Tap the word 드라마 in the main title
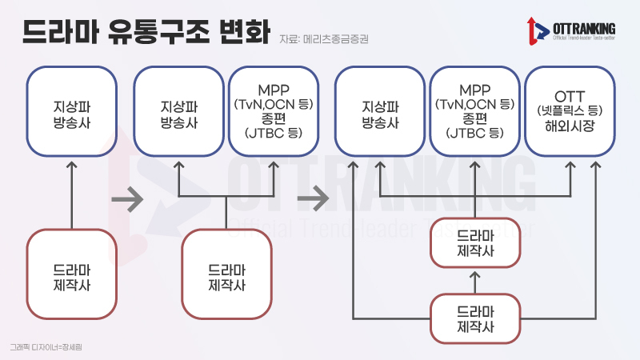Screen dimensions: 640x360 [x=61, y=31]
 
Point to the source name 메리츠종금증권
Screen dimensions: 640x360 [x=336, y=39]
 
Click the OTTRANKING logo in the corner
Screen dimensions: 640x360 [x=571, y=31]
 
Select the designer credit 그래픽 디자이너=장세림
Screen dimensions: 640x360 [x=46, y=347]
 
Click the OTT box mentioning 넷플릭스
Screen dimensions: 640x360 [x=570, y=111]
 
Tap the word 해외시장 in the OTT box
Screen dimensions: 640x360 [x=570, y=126]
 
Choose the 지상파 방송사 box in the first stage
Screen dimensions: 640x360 [x=72, y=111]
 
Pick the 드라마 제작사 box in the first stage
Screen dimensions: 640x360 [x=72, y=274]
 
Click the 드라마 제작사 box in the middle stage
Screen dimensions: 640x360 [x=227, y=274]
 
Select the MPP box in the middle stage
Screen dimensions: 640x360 [x=274, y=111]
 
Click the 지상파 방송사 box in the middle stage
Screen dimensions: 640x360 [x=178, y=111]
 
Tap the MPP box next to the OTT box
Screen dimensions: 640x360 [x=474, y=111]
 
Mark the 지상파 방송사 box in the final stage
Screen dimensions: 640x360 [x=380, y=111]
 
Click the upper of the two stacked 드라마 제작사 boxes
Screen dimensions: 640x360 [x=475, y=243]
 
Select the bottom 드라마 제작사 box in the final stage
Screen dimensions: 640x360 [x=475, y=318]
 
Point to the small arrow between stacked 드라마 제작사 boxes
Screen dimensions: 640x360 [x=474, y=282]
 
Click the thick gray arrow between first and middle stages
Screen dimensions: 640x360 [x=127, y=199]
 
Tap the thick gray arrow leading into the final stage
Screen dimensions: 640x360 [x=313, y=199]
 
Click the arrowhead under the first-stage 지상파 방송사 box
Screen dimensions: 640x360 [x=72, y=165]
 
